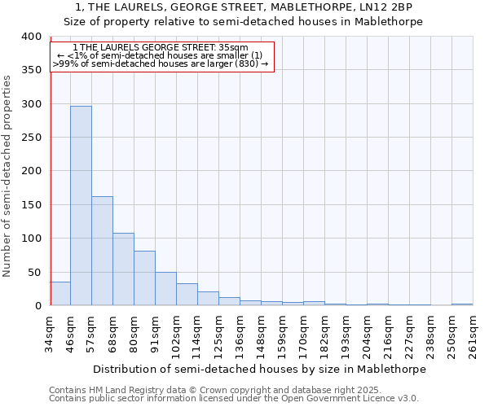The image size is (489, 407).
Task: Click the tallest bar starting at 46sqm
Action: pos(81,206)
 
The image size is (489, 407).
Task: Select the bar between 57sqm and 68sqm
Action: pos(102,251)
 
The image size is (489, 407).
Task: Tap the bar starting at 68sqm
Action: pos(123,269)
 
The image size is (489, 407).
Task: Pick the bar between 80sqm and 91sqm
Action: pos(144,278)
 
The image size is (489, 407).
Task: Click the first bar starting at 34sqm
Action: pos(60,294)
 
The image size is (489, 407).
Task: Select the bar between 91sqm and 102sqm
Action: pos(165,289)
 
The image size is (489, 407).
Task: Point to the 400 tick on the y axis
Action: pos(31,37)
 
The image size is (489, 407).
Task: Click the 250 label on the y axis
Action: pos(31,138)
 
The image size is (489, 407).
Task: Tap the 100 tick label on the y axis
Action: pos(31,239)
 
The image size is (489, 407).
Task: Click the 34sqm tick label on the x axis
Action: pos(51,331)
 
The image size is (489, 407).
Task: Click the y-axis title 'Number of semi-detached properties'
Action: pos(8,175)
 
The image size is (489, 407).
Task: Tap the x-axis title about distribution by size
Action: pos(260,369)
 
